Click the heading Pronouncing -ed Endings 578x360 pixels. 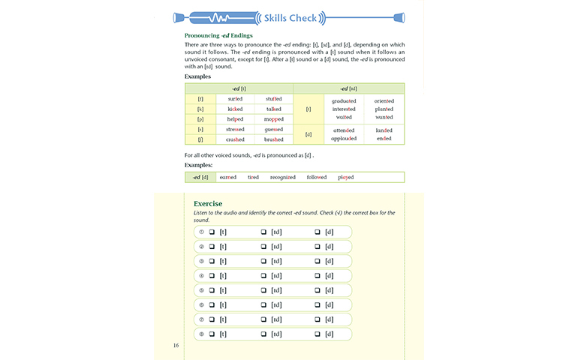[x=218, y=35]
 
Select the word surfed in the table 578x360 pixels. [x=235, y=99]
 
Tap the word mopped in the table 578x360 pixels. [x=273, y=119]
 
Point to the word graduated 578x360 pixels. [x=344, y=100]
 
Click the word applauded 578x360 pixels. [x=344, y=138]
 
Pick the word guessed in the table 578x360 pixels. [x=273, y=130]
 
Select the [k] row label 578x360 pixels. [x=200, y=109]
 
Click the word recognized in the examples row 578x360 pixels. [x=283, y=178]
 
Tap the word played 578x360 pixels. [x=346, y=178]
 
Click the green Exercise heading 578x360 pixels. [x=208, y=203]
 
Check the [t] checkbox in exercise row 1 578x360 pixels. [x=212, y=232]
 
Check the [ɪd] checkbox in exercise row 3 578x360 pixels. [x=263, y=260]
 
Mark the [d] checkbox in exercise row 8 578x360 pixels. [x=318, y=334]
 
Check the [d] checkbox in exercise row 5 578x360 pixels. [x=318, y=290]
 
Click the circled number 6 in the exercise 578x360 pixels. [x=201, y=304]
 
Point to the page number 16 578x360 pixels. [x=176, y=345]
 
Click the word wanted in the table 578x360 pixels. [x=384, y=117]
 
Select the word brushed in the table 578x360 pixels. [x=273, y=139]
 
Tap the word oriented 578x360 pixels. [x=384, y=100]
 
